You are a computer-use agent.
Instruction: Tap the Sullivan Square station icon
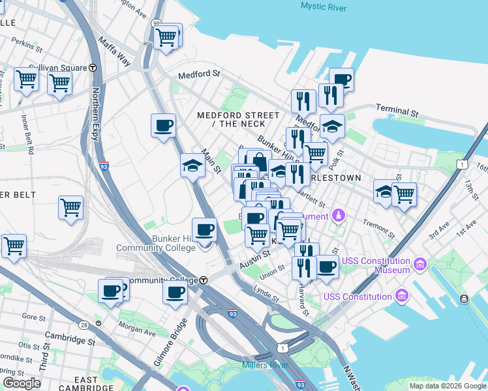point(93,67)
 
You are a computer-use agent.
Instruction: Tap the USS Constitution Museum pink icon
point(419,265)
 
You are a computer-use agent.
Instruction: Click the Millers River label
point(265,365)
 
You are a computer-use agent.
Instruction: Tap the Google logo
point(22,383)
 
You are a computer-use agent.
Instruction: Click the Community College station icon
point(204,280)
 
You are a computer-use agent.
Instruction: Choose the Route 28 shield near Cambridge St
point(83,325)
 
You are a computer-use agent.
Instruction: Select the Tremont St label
point(379,227)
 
